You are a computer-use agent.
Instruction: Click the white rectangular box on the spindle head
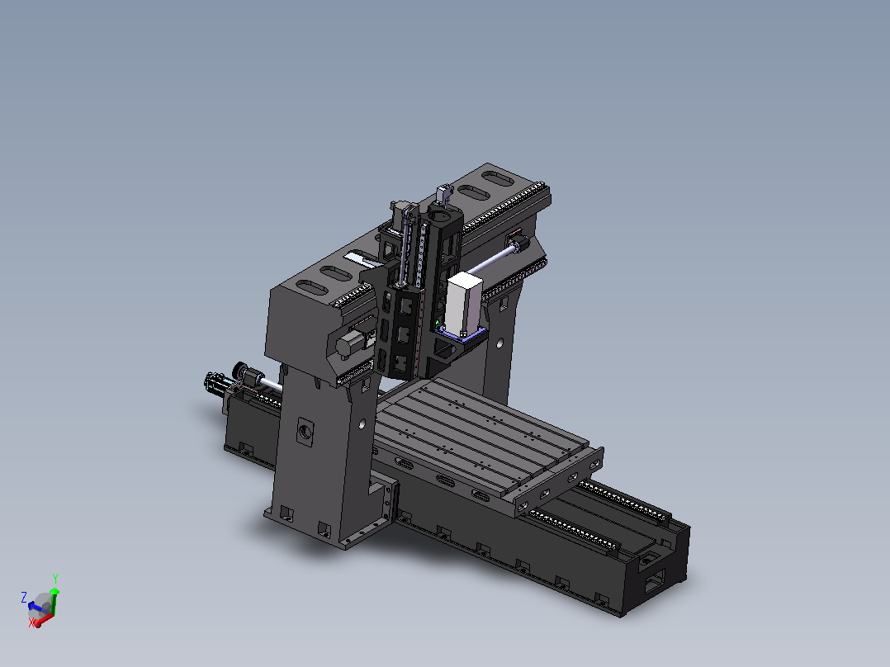coord(464,304)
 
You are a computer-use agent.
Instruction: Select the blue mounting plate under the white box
coord(462,337)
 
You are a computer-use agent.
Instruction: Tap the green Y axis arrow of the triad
coord(54,601)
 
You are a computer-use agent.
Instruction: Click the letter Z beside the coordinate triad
coord(24,597)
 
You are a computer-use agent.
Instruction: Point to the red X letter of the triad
coord(31,622)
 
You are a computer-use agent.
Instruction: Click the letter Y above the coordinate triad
coord(55,579)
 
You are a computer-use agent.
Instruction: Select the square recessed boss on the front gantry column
coord(305,432)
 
